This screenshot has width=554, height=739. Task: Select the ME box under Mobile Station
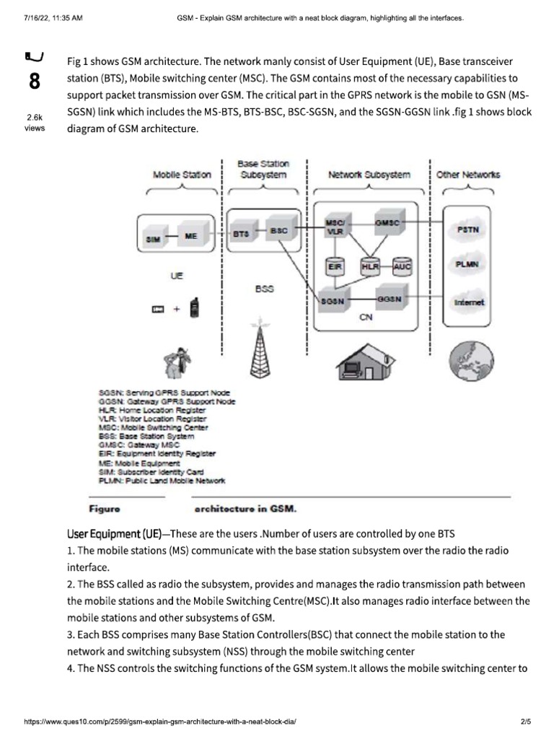pos(190,236)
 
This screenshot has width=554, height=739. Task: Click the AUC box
pos(402,266)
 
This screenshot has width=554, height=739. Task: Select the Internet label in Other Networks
pos(468,303)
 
